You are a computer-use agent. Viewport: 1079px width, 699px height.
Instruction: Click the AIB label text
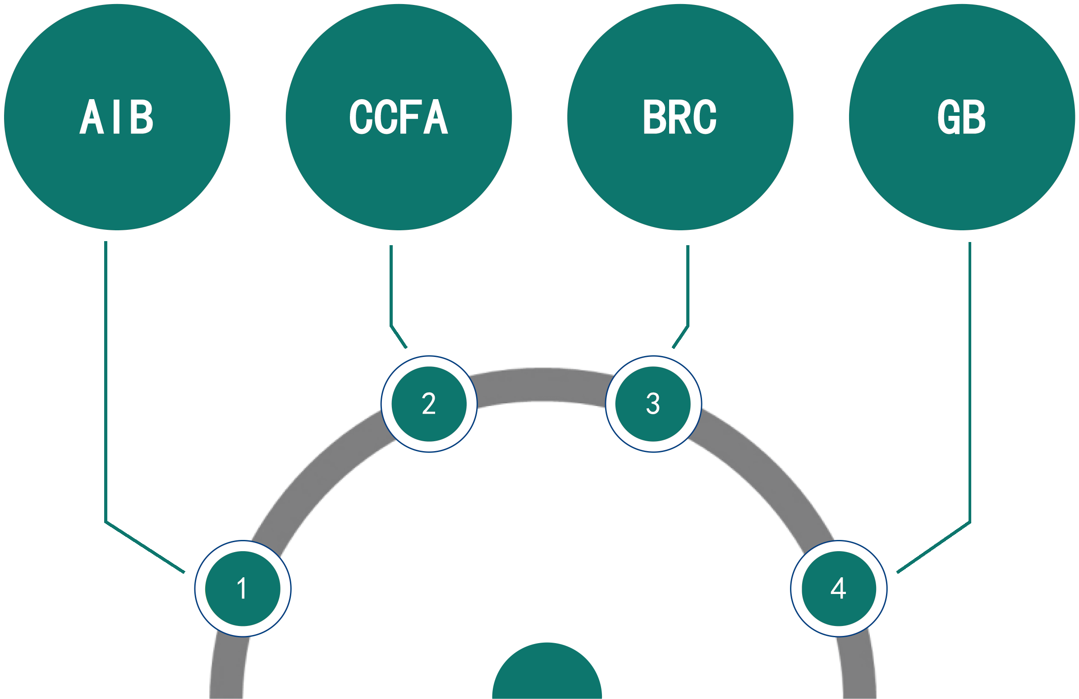coord(116,116)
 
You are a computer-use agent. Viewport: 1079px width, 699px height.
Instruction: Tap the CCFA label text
coord(399,116)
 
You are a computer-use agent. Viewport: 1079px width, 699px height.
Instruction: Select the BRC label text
coord(680,116)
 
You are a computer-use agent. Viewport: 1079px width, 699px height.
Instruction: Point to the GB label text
coord(962,116)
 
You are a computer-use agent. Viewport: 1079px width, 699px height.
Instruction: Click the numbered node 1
coord(243,589)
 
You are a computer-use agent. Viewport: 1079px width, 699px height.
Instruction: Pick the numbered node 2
coord(429,404)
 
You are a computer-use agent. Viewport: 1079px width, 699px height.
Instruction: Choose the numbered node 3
coord(653,404)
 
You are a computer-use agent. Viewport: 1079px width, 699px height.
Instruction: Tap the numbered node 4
coord(839,589)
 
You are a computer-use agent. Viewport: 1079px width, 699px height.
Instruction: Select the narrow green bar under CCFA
coord(399,297)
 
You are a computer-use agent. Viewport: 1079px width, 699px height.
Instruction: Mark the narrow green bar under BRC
coord(680,297)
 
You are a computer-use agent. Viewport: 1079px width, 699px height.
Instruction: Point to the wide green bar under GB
coord(934,407)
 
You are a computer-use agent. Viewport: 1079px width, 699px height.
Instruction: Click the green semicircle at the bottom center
coord(547,675)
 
